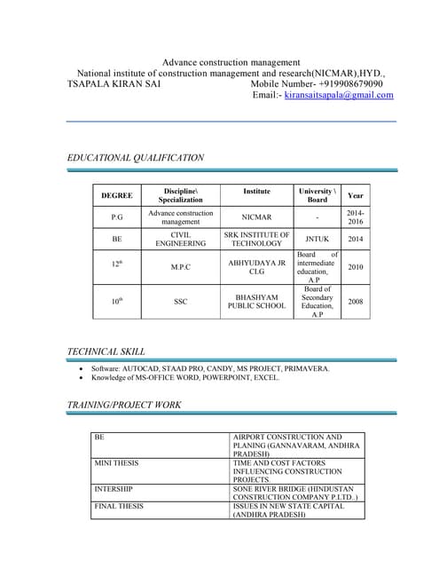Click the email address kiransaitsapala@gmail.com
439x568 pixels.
coord(339,94)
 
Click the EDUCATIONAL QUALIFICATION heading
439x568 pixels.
coord(136,157)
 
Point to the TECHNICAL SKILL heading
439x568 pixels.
coord(106,351)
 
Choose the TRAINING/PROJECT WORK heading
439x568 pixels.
coord(124,405)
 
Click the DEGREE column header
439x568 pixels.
coord(117,195)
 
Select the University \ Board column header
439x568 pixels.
coord(317,195)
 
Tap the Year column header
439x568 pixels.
coord(356,195)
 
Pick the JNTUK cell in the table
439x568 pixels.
coord(317,239)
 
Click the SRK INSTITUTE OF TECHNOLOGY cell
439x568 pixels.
coord(256,239)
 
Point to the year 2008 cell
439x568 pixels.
coord(356,302)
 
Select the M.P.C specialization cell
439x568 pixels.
coord(181,266)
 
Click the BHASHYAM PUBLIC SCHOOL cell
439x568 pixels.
coord(256,302)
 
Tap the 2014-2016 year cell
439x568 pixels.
coord(356,217)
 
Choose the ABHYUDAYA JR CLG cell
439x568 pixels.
coord(256,267)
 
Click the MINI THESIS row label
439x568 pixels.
coord(117,463)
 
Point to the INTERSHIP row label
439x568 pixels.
coord(114,489)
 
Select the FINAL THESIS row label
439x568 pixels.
coord(119,506)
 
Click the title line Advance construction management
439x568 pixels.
coord(231,62)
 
